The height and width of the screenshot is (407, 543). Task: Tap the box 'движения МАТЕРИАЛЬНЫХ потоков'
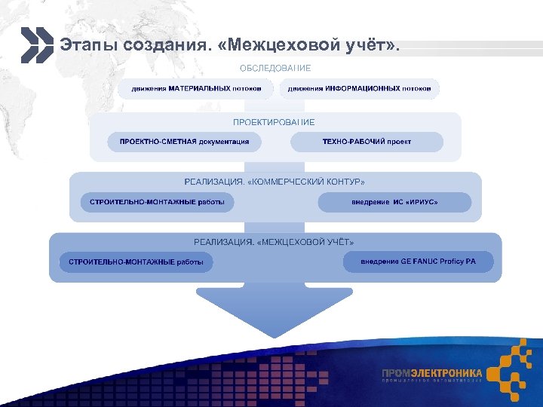pos(197,89)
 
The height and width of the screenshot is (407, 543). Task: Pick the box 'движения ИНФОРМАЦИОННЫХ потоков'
pos(359,89)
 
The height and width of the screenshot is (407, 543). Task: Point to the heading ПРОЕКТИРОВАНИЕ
pos(274,122)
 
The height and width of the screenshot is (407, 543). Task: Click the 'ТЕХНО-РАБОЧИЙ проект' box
pos(367,142)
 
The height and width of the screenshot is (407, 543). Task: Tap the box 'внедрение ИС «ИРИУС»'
pos(394,203)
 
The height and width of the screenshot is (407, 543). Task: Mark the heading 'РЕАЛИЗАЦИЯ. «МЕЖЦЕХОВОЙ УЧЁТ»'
pos(274,242)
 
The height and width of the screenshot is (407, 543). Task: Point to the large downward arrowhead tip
pos(275,333)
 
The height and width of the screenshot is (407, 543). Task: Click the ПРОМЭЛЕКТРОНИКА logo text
pos(431,373)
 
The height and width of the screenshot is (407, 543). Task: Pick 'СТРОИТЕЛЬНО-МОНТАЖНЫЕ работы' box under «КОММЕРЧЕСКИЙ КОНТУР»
pos(157,203)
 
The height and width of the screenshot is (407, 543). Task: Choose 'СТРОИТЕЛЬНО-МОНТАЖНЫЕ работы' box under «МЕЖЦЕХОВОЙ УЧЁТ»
pos(136,262)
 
